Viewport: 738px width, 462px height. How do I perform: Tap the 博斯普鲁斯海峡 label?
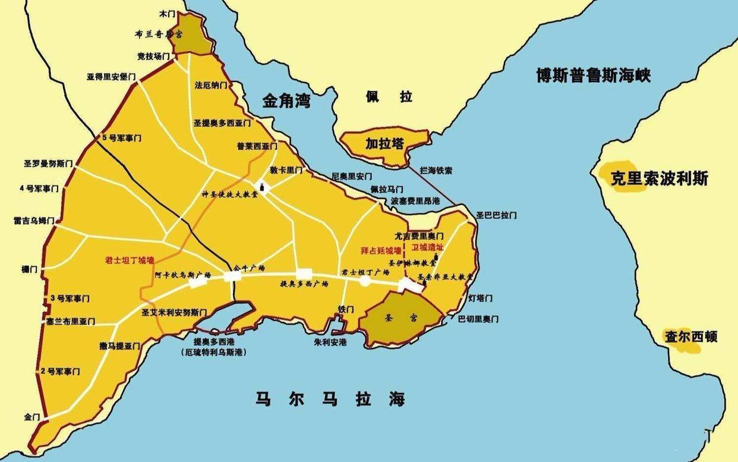[x=593, y=76]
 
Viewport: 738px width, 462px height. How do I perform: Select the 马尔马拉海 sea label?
[x=330, y=398]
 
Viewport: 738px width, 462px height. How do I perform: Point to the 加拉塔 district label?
[x=384, y=143]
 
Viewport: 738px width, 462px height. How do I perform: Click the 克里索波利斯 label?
[x=660, y=178]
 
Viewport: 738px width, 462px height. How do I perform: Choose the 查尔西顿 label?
[x=690, y=337]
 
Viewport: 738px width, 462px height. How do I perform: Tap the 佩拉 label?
[x=389, y=97]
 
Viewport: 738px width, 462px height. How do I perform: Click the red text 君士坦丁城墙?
[x=129, y=260]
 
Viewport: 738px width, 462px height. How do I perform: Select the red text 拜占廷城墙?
[x=381, y=250]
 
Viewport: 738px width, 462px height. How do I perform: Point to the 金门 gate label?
[x=31, y=417]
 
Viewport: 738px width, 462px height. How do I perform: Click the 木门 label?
[x=169, y=12]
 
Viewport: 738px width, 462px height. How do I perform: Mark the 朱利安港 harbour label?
[x=330, y=342]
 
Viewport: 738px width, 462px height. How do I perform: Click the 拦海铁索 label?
[x=436, y=171]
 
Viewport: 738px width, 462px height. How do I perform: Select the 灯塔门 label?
[x=481, y=298]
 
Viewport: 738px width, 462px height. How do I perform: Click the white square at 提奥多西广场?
[x=304, y=274]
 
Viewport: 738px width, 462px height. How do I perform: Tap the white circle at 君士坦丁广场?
[x=365, y=282]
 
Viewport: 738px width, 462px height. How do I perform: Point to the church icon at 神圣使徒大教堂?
[x=260, y=188]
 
